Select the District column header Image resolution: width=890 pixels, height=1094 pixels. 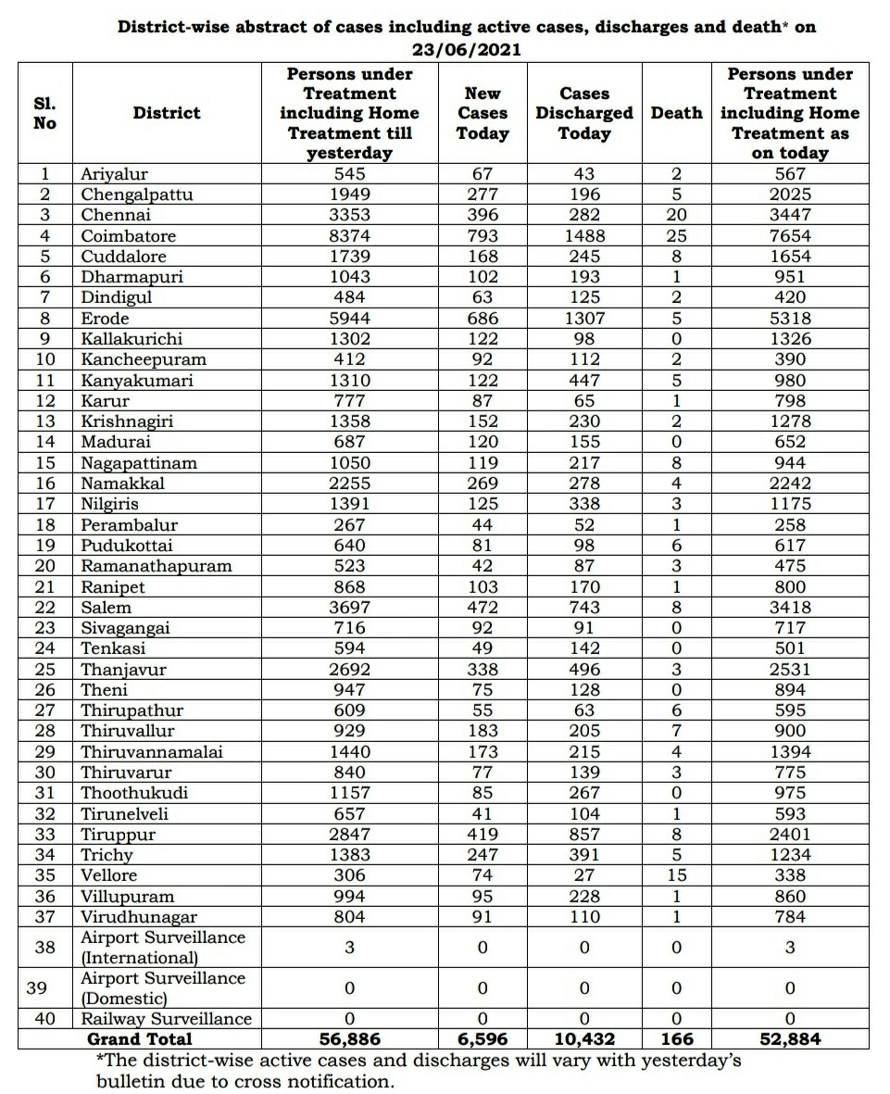(167, 113)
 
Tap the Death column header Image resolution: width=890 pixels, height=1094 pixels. (676, 113)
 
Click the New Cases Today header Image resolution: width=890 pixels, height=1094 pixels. (483, 113)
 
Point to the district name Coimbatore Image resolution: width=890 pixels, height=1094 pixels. (128, 236)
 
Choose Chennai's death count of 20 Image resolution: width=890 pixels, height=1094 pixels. (676, 215)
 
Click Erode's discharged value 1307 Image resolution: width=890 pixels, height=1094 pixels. (584, 319)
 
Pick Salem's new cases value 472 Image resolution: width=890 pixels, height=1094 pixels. (483, 608)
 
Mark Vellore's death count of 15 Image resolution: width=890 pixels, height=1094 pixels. (676, 875)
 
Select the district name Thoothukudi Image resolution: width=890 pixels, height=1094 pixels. (134, 793)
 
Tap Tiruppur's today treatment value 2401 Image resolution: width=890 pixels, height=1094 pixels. (790, 835)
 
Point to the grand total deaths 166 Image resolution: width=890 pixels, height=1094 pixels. (676, 1039)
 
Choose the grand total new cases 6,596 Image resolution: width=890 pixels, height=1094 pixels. (483, 1039)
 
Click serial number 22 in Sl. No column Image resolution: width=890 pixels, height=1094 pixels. (45, 608)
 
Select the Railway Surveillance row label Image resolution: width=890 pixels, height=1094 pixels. (166, 1019)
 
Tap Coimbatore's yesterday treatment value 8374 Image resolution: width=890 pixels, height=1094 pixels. (350, 236)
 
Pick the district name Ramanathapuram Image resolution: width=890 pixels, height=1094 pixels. (157, 566)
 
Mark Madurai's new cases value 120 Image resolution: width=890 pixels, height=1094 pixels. (483, 443)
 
